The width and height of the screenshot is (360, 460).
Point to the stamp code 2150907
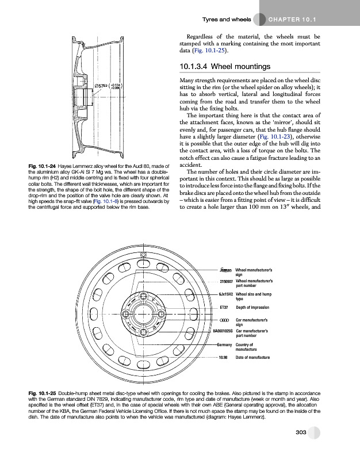tap(225, 281)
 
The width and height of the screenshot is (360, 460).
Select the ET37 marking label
tap(224, 308)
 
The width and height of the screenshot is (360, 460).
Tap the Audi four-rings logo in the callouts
tap(225, 319)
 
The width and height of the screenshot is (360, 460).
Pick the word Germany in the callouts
tap(224, 344)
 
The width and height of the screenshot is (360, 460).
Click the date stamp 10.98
tap(224, 357)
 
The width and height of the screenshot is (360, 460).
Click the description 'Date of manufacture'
tap(257, 357)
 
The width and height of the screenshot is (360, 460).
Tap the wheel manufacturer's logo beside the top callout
tap(225, 269)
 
